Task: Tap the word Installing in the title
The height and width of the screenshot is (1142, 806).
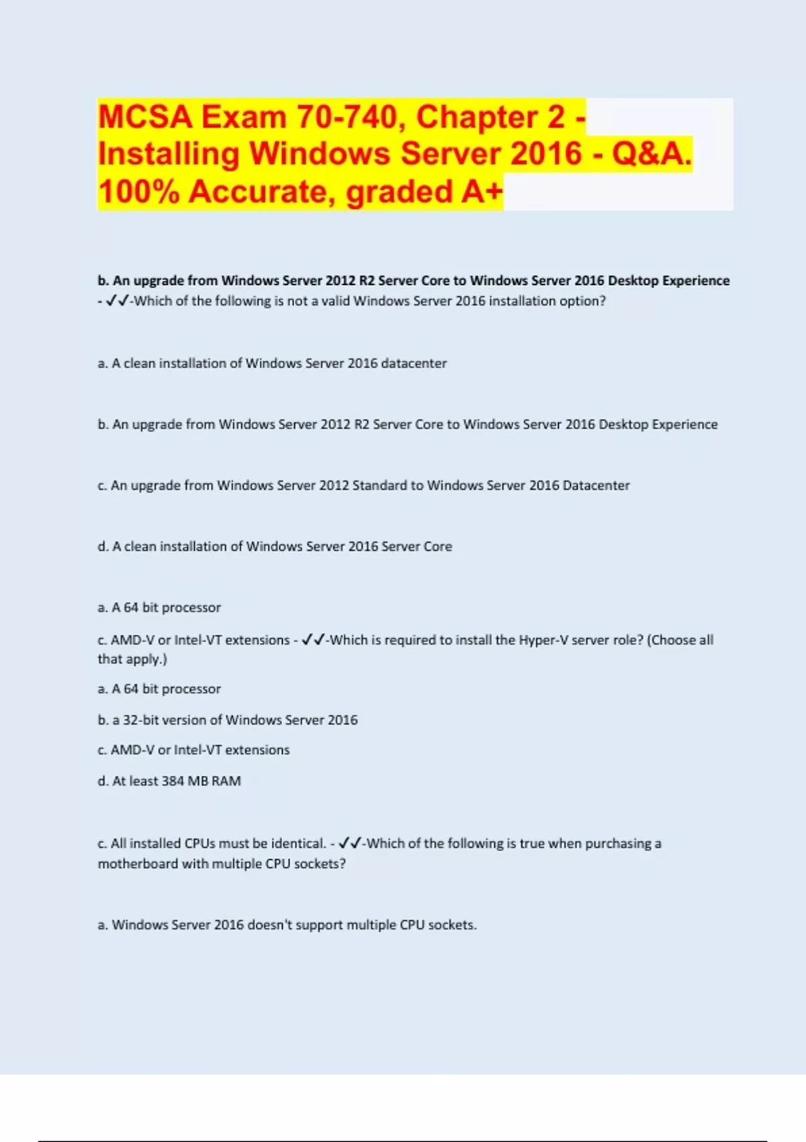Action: point(169,154)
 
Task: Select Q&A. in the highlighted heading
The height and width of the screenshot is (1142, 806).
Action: point(652,154)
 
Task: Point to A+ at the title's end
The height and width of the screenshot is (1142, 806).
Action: point(482,192)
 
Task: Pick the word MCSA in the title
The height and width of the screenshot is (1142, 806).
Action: point(145,117)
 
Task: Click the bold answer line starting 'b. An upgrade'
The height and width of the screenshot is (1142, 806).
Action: point(413,281)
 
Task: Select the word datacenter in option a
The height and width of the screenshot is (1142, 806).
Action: point(413,363)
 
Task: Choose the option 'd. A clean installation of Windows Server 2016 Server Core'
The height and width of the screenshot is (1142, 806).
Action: point(275,546)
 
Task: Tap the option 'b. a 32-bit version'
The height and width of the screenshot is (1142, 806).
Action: point(228,720)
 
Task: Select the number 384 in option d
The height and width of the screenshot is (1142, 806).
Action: point(172,781)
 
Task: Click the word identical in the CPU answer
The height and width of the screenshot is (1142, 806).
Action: point(298,844)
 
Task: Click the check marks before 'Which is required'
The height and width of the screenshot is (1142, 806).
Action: point(314,640)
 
